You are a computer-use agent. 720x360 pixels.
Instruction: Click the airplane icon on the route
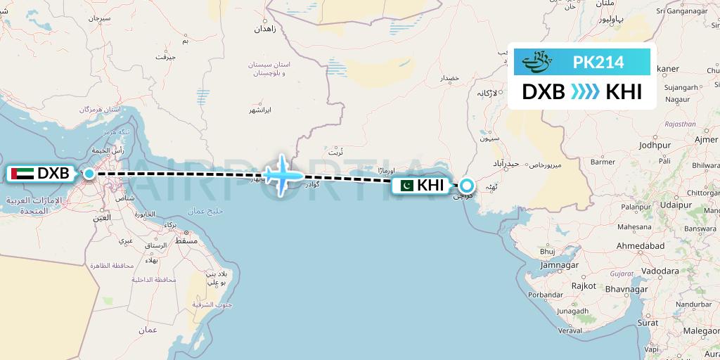tap(283, 174)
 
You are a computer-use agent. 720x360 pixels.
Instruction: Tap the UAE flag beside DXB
tap(22, 173)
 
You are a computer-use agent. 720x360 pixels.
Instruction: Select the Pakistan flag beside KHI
tap(404, 186)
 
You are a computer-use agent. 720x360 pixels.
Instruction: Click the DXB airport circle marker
tap(89, 173)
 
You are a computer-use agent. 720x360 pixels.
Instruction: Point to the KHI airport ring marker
tap(466, 186)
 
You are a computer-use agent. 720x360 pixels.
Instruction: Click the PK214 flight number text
tap(598, 63)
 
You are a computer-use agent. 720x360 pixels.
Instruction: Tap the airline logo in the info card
tap(539, 63)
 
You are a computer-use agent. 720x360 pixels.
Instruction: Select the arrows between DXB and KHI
tap(585, 92)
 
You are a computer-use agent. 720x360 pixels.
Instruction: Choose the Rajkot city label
tap(584, 286)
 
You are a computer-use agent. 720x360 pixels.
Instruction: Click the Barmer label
tap(603, 162)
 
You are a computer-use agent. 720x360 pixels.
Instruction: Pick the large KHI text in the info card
tap(624, 92)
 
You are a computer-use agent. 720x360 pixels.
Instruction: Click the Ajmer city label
tap(705, 140)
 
